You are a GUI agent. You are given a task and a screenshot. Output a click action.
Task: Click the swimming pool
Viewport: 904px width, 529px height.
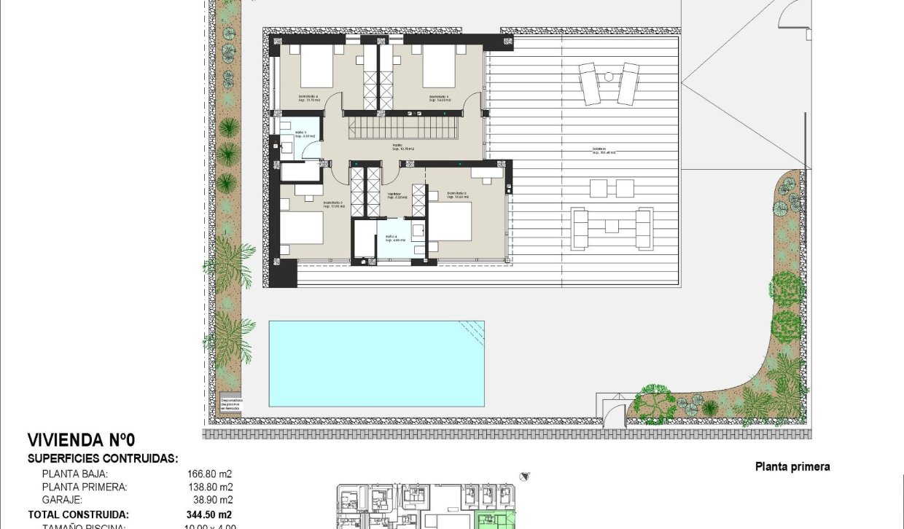pyautogui.click(x=377, y=362)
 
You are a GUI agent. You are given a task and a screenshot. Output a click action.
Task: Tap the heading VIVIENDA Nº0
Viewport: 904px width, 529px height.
pyautogui.click(x=81, y=440)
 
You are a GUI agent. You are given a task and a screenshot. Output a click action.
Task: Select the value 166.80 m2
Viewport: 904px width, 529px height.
pyautogui.click(x=210, y=474)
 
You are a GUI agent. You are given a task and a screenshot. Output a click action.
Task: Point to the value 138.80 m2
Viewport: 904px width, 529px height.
pyautogui.click(x=210, y=487)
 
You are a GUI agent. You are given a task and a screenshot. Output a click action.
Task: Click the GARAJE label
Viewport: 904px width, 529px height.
pyautogui.click(x=62, y=500)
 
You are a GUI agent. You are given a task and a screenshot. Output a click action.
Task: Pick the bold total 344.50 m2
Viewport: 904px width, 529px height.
pyautogui.click(x=209, y=514)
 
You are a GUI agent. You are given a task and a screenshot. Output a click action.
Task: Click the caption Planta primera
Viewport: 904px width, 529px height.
pyautogui.click(x=792, y=467)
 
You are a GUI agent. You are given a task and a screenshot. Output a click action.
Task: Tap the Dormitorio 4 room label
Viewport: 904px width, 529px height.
pyautogui.click(x=308, y=96)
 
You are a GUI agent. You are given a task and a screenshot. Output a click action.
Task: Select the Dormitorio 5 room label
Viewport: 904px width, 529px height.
pyautogui.click(x=439, y=96)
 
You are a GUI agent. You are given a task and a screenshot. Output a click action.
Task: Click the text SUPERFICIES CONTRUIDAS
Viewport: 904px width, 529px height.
pyautogui.click(x=103, y=459)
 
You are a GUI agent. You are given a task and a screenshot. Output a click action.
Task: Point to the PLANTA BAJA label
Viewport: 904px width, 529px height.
pyautogui.click(x=74, y=474)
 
